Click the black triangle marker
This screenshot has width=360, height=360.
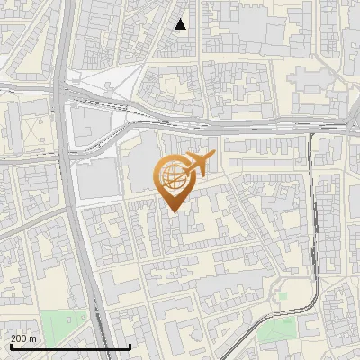click(x=181, y=24)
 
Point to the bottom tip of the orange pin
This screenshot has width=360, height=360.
click(x=174, y=211)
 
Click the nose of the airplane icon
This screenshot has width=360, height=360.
click(x=214, y=157)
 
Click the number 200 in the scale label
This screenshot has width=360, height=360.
click(x=18, y=339)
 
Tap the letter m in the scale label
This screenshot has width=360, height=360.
click(x=32, y=339)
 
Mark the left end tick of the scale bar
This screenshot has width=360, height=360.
click(x=11, y=346)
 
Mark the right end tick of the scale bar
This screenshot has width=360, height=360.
click(x=130, y=346)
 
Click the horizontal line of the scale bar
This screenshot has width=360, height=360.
click(x=70, y=347)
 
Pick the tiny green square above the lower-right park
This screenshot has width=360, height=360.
click(x=282, y=295)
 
